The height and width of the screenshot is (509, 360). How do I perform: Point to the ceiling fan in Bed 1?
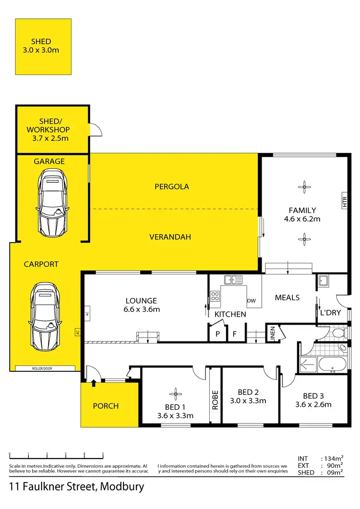pyautogui.click(x=175, y=394)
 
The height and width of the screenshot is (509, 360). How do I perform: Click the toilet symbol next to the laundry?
pyautogui.click(x=338, y=332)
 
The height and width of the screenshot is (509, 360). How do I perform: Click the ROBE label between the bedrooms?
pyautogui.click(x=215, y=399)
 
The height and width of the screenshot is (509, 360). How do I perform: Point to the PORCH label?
pyautogui.click(x=106, y=406)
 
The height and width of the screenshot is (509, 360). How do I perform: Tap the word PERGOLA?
pyautogui.click(x=172, y=187)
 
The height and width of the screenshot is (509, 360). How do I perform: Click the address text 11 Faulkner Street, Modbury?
pyautogui.click(x=77, y=486)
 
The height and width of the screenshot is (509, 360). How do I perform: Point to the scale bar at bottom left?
pyautogui.click(x=56, y=456)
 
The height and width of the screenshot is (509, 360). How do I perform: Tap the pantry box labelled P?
pyautogui.click(x=217, y=334)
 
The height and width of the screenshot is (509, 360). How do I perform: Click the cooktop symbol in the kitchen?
pyautogui.click(x=215, y=296)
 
